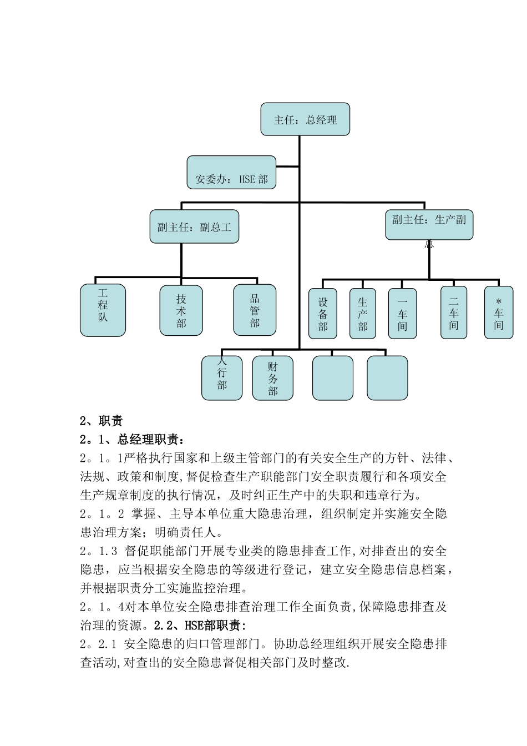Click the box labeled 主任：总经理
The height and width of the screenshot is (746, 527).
[x=305, y=119]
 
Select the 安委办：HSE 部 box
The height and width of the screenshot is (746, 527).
[x=231, y=173]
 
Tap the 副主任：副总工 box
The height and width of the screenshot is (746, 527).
[x=194, y=226]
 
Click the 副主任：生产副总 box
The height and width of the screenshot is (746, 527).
[x=429, y=224]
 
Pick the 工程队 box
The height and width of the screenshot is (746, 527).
[x=103, y=310]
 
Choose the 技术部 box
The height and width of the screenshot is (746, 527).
[x=181, y=310]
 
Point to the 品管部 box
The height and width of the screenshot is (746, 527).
[x=255, y=310]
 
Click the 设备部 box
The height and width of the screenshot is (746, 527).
[x=323, y=314]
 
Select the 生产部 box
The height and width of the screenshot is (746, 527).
[x=363, y=314]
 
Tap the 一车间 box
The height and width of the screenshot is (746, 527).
[x=402, y=314]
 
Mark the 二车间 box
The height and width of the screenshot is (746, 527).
[x=454, y=312]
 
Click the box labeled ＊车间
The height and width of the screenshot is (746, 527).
[x=499, y=312]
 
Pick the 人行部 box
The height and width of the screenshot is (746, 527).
[x=222, y=378]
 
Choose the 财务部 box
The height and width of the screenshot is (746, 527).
[x=272, y=378]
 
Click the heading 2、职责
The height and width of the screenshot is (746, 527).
[x=101, y=421]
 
